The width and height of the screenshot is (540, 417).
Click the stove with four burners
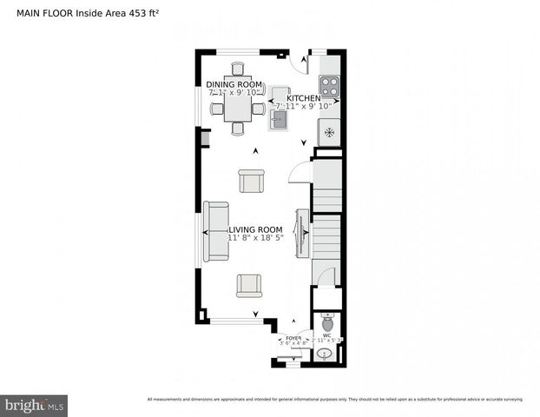(329, 85)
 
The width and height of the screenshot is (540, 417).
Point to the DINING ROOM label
(234, 84)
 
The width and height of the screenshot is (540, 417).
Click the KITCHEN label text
(304, 99)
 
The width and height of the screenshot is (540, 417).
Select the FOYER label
(293, 337)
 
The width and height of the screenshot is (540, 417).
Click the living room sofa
(216, 231)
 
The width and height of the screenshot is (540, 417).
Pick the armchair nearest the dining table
(251, 182)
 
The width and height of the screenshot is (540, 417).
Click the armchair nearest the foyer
(249, 284)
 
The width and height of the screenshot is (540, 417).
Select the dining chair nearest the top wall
(237, 69)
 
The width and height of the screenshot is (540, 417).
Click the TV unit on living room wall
(302, 233)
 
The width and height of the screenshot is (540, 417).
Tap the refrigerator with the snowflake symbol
(329, 132)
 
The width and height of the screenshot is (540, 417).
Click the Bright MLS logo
(35, 405)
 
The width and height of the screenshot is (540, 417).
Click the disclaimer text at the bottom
(335, 399)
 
